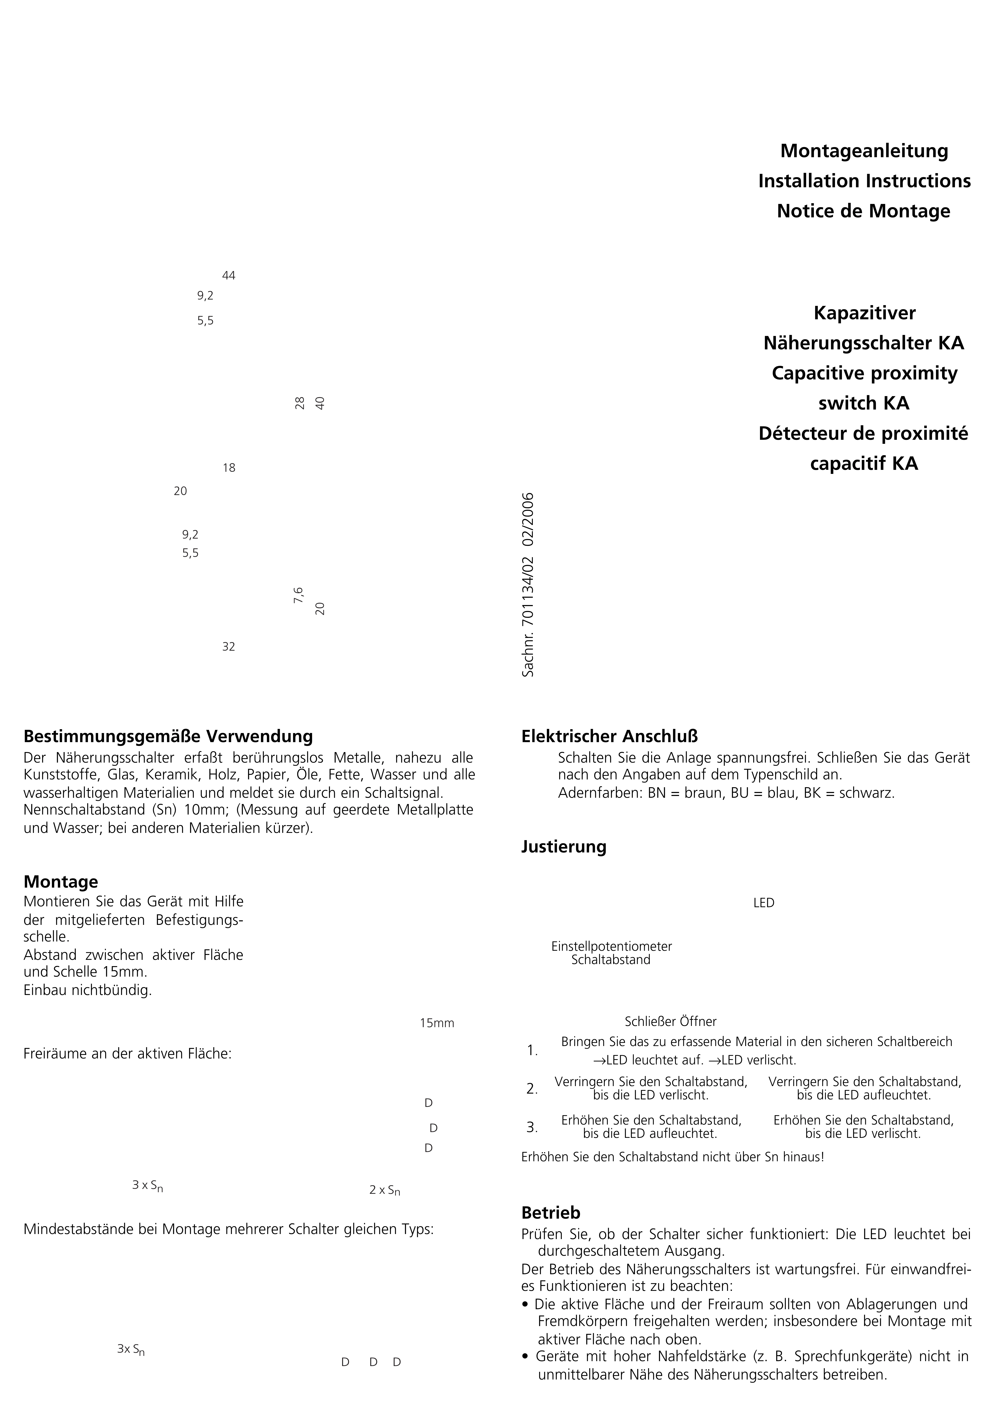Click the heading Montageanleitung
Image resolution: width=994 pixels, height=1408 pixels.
pos(864,151)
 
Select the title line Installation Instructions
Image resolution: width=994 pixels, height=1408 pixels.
pos(864,181)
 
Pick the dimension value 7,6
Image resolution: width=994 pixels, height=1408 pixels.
pos(298,595)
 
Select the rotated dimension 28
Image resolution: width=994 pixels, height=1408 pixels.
pos(300,404)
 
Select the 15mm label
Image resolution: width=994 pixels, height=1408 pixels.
pos(437,1023)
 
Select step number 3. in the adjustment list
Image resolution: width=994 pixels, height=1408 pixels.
pos(532,1127)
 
